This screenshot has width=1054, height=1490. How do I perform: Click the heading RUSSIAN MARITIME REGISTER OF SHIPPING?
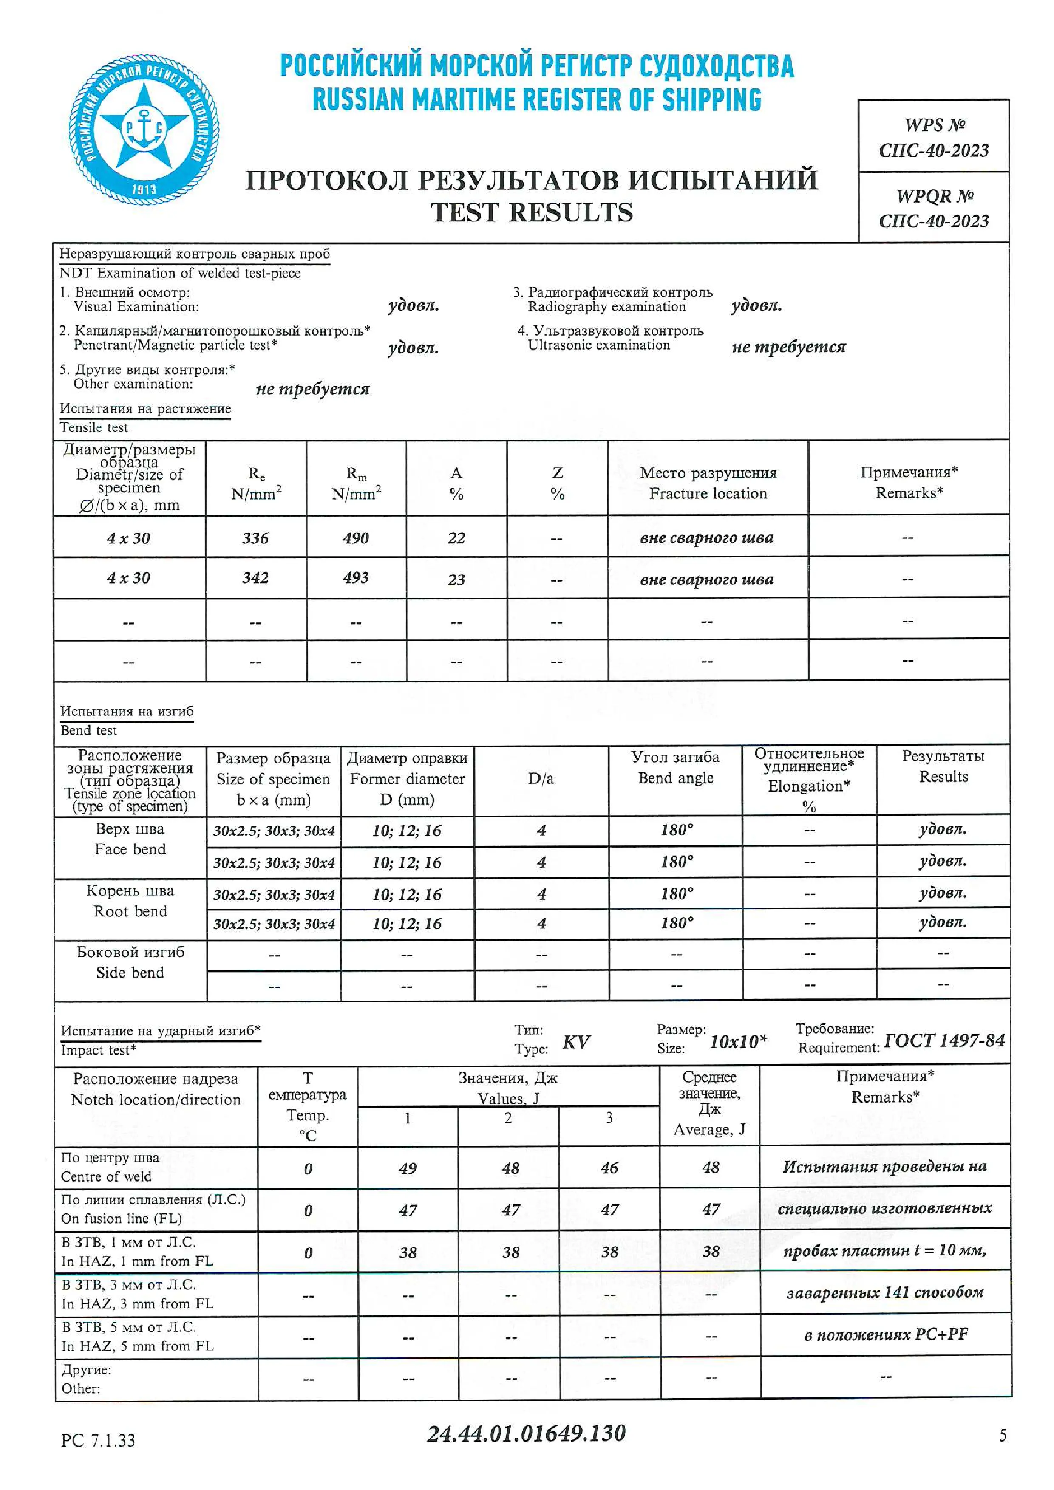tap(537, 100)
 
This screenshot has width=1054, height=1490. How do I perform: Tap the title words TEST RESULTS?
tap(532, 212)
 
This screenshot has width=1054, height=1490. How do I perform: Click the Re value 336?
tap(255, 538)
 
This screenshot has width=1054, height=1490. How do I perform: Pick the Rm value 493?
tap(356, 577)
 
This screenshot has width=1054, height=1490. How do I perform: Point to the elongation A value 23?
tap(456, 580)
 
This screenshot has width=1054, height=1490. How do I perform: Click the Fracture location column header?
tap(708, 483)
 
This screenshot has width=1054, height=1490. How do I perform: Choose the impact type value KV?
tap(576, 1042)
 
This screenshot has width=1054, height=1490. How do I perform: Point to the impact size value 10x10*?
tap(738, 1042)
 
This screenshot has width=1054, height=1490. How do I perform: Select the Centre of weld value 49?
tap(408, 1168)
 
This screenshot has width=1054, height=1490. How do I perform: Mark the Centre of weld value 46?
tap(609, 1168)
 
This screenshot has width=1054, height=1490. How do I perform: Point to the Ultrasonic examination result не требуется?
tap(788, 347)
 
